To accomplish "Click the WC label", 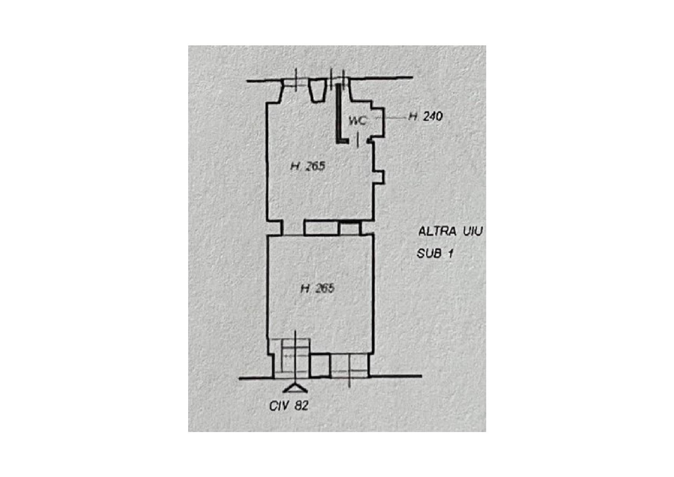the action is (x=357, y=121).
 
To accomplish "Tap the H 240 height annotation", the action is (x=426, y=116).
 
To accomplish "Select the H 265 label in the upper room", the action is (x=308, y=166).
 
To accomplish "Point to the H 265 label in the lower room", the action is (x=318, y=288).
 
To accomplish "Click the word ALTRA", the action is (x=437, y=232).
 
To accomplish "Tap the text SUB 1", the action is (x=435, y=254).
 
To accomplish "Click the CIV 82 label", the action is (x=289, y=406).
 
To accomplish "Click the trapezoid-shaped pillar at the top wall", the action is (x=318, y=91).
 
